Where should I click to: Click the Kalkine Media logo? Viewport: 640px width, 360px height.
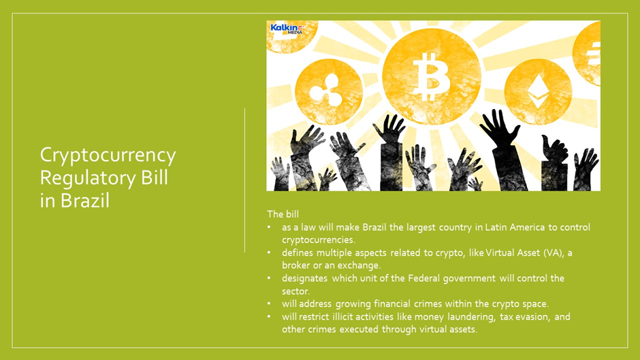pos(287,29)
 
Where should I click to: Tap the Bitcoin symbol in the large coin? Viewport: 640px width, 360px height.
pos(432,76)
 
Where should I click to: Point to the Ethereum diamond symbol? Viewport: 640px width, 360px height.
pos(538,91)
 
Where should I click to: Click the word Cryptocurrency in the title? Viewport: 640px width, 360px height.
pos(108,156)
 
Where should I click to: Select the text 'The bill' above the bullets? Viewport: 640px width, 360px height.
pos(283,214)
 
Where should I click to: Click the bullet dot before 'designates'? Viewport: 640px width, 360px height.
pos(269,278)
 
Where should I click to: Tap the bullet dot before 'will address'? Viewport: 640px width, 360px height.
pos(269,304)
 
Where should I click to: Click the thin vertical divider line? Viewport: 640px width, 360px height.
pos(245,180)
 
